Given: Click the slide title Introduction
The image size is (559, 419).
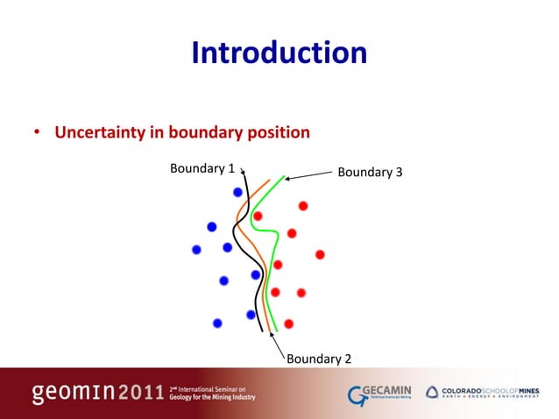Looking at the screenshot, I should tap(279, 54).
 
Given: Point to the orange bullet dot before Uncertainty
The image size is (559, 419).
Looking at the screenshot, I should tap(37, 134).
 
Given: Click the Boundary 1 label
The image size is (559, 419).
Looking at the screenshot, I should tap(202, 167).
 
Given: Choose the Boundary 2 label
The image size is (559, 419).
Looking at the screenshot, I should tap(320, 359).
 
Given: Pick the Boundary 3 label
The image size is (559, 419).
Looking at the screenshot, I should tap(370, 172).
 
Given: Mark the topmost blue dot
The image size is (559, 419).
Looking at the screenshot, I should tap(237, 192).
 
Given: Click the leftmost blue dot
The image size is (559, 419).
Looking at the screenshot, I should tap(196, 250).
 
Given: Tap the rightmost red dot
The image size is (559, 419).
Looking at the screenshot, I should tap(320, 254).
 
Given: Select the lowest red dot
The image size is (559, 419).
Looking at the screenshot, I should tap(288, 323).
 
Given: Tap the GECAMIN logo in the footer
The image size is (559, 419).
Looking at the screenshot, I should tap(377, 392).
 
